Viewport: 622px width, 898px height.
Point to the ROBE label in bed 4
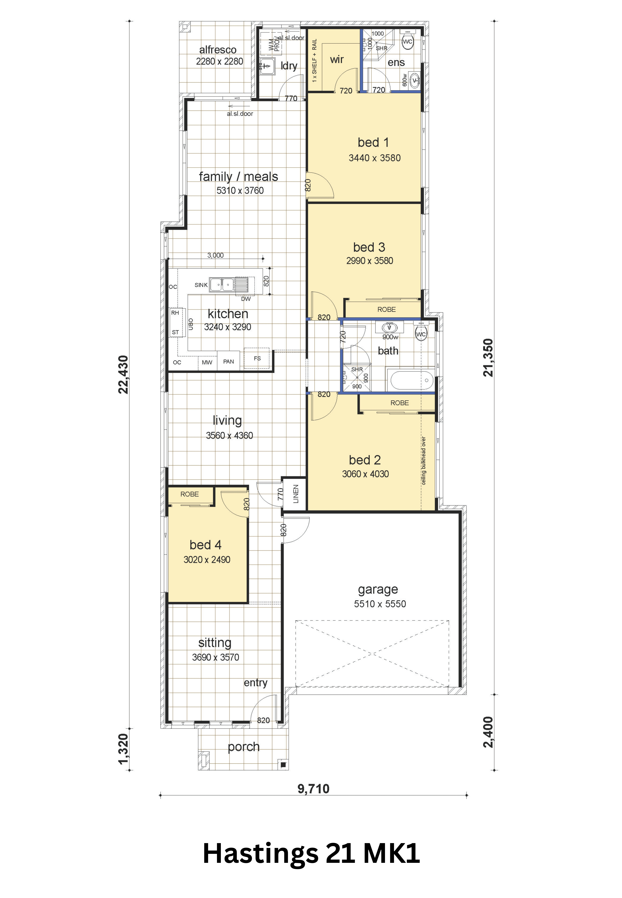click(189, 494)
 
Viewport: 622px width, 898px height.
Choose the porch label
click(244, 747)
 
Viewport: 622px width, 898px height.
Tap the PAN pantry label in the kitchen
click(228, 362)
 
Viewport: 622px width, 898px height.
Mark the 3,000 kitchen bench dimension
click(215, 255)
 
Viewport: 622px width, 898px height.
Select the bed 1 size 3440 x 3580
click(374, 158)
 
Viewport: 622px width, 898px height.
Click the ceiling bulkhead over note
click(424, 461)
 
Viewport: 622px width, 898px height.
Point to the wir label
click(337, 60)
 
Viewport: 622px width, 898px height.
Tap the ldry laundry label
click(289, 66)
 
